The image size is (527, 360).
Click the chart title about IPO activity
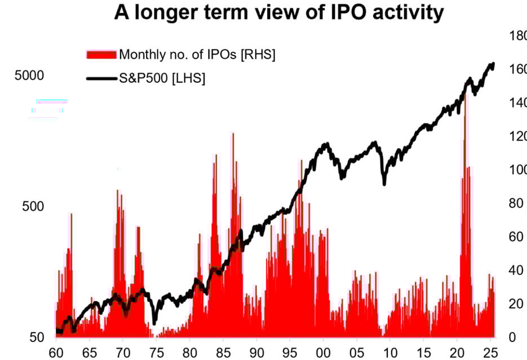pyautogui.click(x=278, y=12)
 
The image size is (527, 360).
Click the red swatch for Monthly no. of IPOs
pyautogui.click(x=101, y=55)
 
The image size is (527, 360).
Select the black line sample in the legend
pyautogui.click(x=101, y=78)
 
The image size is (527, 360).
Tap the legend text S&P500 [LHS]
pyautogui.click(x=162, y=78)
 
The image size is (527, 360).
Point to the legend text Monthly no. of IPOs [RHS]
pyautogui.click(x=197, y=55)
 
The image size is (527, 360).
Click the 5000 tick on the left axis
pyautogui.click(x=29, y=75)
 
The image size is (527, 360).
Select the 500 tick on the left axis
pyautogui.click(x=33, y=206)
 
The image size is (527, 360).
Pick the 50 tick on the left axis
pyautogui.click(x=37, y=337)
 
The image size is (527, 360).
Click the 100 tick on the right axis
pyautogui.click(x=517, y=170)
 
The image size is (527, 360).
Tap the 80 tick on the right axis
pyautogui.click(x=514, y=203)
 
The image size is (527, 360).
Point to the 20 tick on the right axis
pyautogui.click(x=514, y=304)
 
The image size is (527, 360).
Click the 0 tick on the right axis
pyautogui.click(x=512, y=337)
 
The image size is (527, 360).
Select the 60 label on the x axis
pyautogui.click(x=56, y=351)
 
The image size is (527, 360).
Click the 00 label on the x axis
pyautogui.click(x=324, y=351)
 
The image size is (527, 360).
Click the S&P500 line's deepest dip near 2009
pyautogui.click(x=384, y=183)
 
